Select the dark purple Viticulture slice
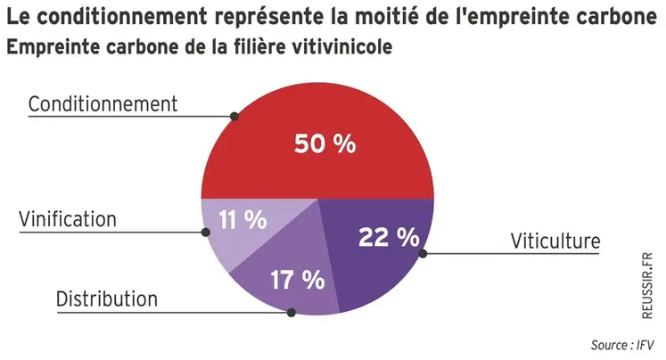[374, 267]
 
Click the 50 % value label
[325, 143]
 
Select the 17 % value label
[297, 280]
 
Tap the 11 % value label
[243, 219]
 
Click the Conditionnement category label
[103, 104]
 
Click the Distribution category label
[107, 299]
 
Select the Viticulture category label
[555, 241]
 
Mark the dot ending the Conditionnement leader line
[234, 116]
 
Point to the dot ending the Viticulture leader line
[423, 253]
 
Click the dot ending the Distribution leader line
[292, 312]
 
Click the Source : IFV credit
[623, 345]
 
